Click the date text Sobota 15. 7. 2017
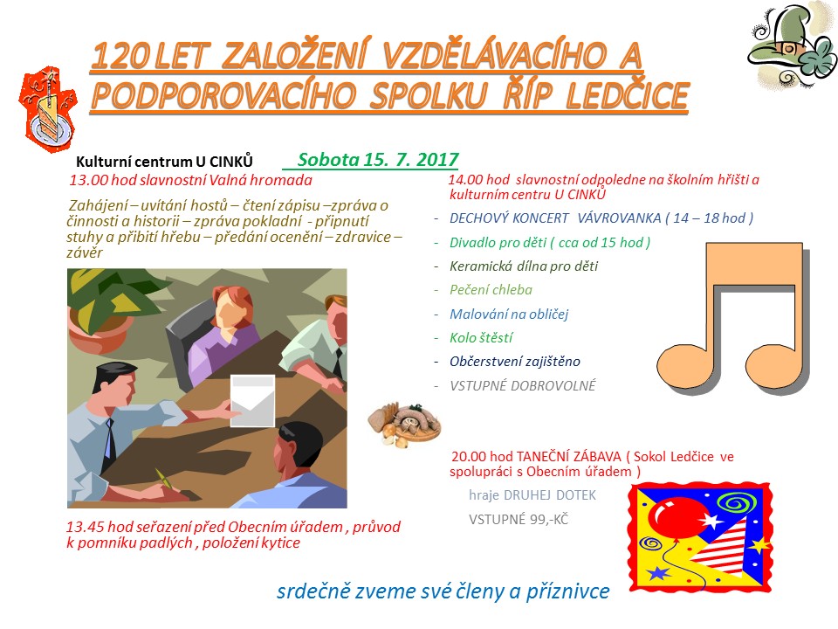(x=378, y=159)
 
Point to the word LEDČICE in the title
(x=627, y=96)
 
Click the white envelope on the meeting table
(x=252, y=401)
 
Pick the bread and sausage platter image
(x=404, y=424)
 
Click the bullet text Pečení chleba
(x=491, y=290)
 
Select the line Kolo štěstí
(x=481, y=337)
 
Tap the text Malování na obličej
(x=509, y=314)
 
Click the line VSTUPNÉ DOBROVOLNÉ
(x=522, y=385)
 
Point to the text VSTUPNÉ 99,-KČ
(x=519, y=519)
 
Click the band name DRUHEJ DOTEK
(x=549, y=495)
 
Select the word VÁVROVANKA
(x=619, y=218)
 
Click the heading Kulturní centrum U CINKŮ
(x=164, y=162)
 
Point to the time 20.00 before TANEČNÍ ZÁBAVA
(x=469, y=457)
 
